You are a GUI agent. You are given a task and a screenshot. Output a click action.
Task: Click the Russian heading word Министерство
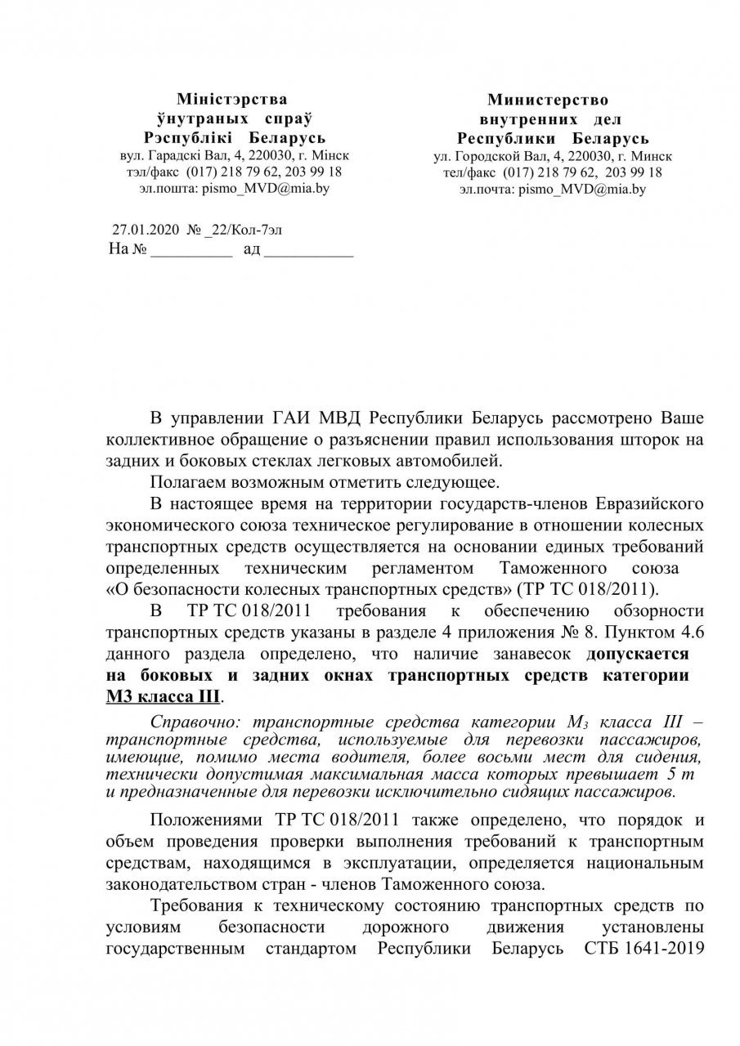[x=547, y=100]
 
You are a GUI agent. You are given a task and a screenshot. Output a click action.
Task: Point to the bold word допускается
[x=637, y=655]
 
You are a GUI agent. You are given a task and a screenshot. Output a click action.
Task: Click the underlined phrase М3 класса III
[x=163, y=697]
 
